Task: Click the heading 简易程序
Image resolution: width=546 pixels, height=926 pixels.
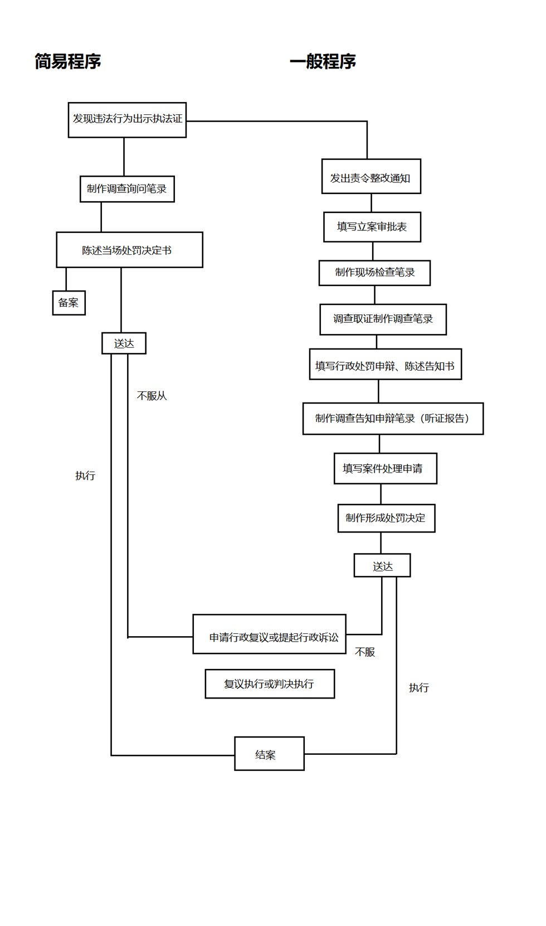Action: tap(68, 61)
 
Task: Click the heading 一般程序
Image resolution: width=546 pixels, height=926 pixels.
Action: tap(323, 61)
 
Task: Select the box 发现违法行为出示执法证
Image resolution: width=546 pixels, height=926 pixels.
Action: tap(127, 120)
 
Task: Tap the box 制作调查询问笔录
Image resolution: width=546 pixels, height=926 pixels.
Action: tap(127, 189)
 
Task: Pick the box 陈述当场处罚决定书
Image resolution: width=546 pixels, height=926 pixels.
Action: tap(130, 250)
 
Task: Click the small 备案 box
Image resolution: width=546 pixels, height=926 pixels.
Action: tap(69, 303)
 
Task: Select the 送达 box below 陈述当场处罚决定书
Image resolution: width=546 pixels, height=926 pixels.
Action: tap(124, 343)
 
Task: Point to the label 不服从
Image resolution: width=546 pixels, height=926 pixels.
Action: tap(152, 396)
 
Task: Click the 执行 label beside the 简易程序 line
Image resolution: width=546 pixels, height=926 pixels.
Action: tap(85, 476)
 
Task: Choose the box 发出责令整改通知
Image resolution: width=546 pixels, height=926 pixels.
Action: tap(371, 176)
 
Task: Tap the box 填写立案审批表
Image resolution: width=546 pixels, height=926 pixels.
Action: tap(372, 227)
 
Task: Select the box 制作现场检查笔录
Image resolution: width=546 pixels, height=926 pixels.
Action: tap(374, 273)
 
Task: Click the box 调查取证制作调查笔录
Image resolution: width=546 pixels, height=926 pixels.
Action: tap(383, 319)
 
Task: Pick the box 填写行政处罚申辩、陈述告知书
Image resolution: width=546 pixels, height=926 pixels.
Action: tap(386, 364)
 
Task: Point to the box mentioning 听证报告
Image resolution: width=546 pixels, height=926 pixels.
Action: tap(393, 418)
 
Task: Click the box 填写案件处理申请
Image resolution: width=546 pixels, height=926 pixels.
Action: tap(386, 468)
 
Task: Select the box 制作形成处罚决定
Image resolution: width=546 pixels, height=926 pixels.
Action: tap(387, 518)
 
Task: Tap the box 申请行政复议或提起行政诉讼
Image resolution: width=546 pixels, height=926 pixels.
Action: tap(269, 634)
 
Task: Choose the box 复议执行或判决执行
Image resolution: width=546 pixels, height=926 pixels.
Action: tap(270, 683)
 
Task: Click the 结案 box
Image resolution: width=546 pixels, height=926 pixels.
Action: tap(269, 754)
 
